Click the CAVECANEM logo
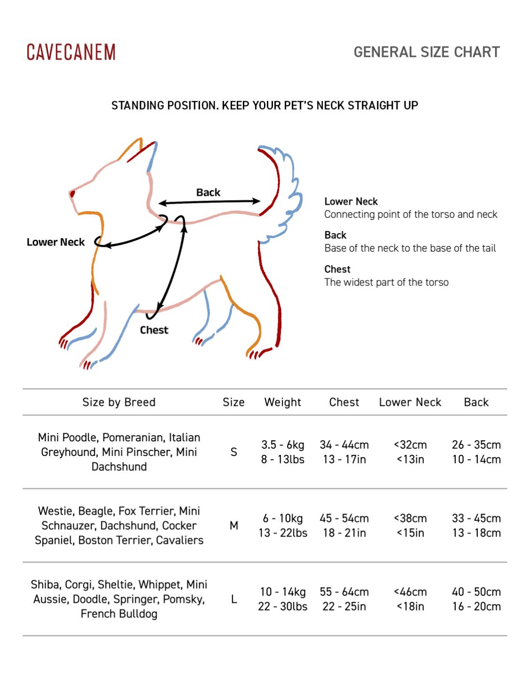tap(71, 52)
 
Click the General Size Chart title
tap(427, 52)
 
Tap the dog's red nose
tap(72, 194)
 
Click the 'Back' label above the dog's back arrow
tap(208, 192)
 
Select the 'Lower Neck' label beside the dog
tap(55, 242)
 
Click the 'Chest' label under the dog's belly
tap(154, 330)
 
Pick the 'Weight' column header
tap(282, 402)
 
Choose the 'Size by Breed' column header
tap(119, 402)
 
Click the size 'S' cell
tap(233, 452)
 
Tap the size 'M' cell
tap(233, 525)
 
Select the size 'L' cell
tap(234, 599)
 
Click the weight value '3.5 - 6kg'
tap(283, 445)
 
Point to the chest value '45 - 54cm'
tap(344, 518)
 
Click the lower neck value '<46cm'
tap(410, 592)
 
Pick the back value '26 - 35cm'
tap(476, 445)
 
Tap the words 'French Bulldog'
tap(119, 614)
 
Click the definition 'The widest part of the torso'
tap(386, 282)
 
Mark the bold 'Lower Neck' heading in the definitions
tap(351, 201)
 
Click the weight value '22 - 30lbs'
tap(283, 606)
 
